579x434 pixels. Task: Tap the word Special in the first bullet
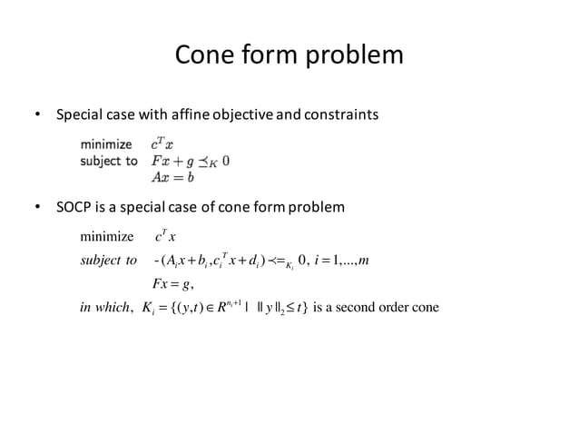80,115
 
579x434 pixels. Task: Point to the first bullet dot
37,115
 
